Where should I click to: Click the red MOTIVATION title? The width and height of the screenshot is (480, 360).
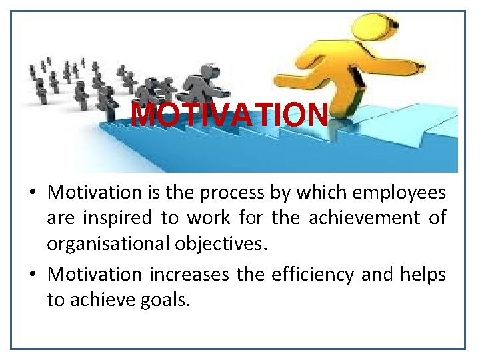(230, 115)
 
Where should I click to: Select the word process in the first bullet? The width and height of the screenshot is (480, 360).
(234, 193)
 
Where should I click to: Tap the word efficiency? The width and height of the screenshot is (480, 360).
(312, 275)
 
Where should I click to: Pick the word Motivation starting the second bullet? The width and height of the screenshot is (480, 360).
(95, 275)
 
